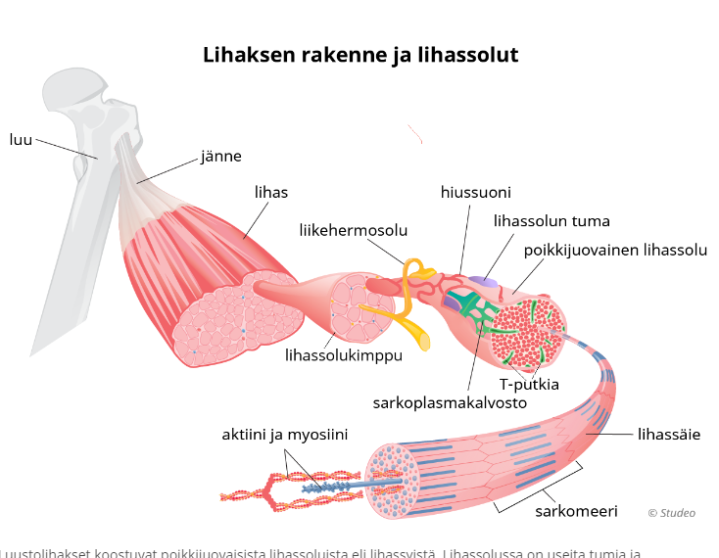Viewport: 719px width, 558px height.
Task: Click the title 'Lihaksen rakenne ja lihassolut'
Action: click(x=359, y=55)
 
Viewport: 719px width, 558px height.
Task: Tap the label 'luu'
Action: click(x=21, y=139)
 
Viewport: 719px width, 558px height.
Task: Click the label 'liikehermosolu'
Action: click(x=354, y=230)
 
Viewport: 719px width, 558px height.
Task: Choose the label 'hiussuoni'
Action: click(x=475, y=192)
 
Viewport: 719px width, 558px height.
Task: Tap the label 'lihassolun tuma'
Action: click(x=551, y=220)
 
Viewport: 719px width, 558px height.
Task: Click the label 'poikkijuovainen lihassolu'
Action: click(x=614, y=250)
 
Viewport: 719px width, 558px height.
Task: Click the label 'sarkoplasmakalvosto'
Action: click(x=450, y=401)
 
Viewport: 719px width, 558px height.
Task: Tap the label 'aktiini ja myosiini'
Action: click(x=284, y=434)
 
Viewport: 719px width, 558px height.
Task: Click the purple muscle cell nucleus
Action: click(x=482, y=282)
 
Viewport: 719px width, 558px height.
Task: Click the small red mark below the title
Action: click(x=415, y=133)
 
